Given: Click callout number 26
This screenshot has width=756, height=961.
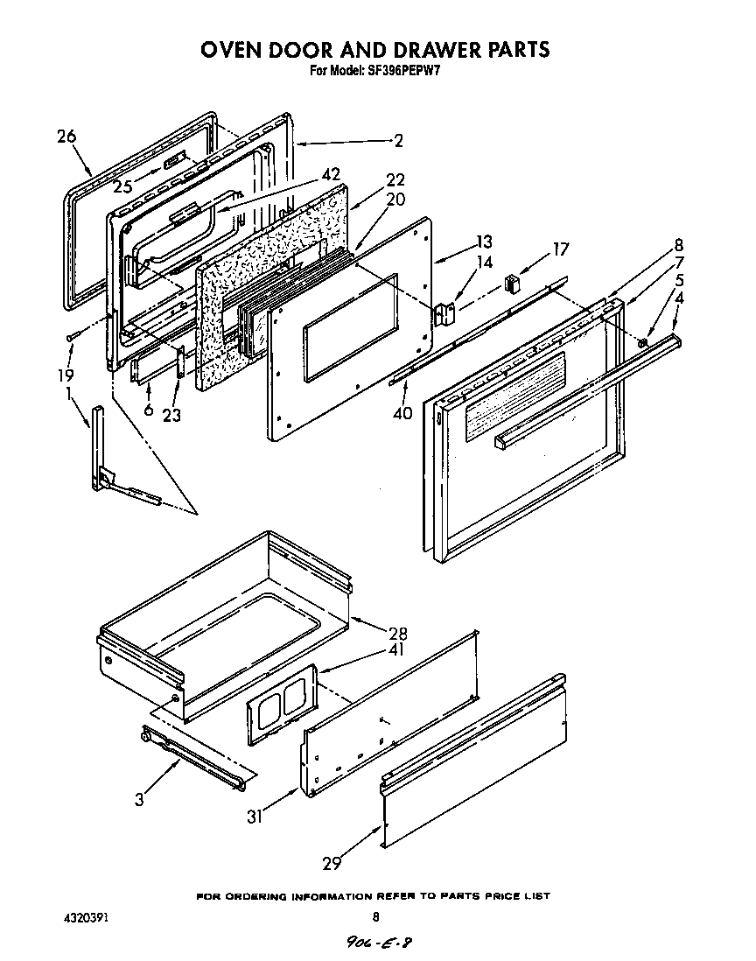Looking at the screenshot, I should tap(66, 136).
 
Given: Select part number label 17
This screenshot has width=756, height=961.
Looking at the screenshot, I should tap(560, 250).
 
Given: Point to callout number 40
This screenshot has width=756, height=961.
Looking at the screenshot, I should tap(402, 413).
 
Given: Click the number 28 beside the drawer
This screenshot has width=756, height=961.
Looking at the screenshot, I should tap(397, 634).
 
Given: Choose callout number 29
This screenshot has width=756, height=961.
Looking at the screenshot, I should tap(331, 863).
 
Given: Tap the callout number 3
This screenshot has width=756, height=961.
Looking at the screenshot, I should tap(140, 798).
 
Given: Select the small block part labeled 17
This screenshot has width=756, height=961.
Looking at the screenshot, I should tap(513, 284).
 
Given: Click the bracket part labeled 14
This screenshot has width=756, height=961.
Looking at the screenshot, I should tap(447, 312).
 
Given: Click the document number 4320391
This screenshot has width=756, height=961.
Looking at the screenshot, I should tap(87, 918).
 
